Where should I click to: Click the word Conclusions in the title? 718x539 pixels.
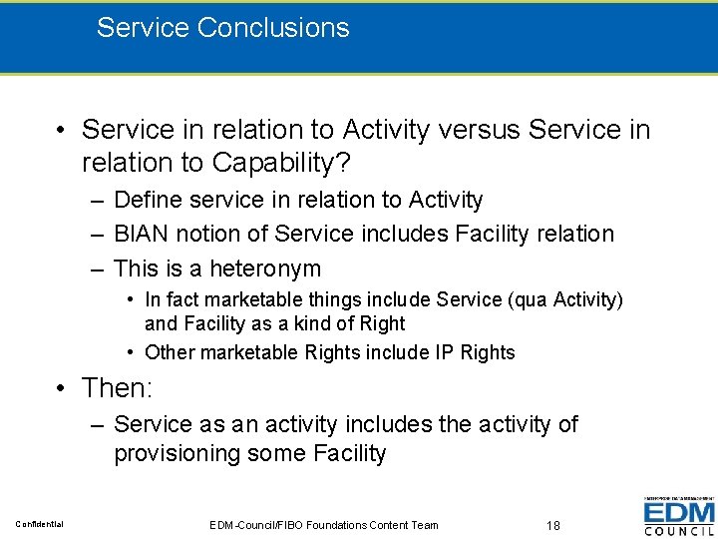(x=273, y=27)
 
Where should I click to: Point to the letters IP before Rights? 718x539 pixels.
(x=445, y=352)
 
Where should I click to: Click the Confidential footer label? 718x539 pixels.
(x=39, y=525)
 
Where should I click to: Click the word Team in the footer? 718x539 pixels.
(x=422, y=525)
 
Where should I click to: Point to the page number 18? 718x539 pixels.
(x=555, y=525)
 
